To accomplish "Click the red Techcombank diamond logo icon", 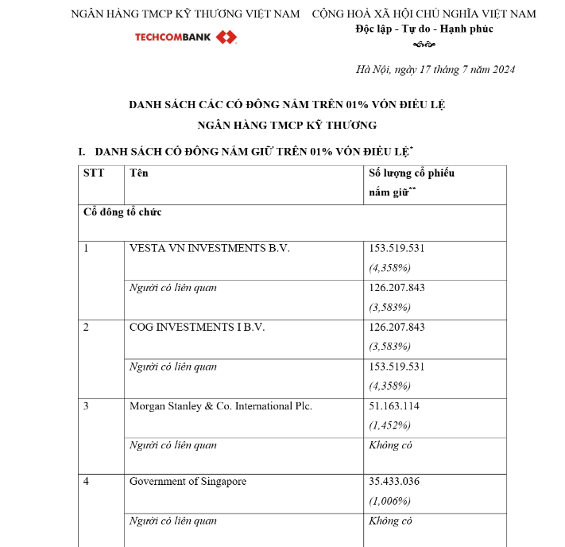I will (x=226, y=37).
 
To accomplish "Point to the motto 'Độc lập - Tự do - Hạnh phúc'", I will (x=424, y=29).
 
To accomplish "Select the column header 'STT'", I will (x=94, y=173).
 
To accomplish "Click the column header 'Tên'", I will (x=138, y=173).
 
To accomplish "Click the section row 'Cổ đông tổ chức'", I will (x=123, y=212).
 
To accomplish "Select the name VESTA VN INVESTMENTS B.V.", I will (x=210, y=248).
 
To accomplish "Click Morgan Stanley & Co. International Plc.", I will (x=221, y=405).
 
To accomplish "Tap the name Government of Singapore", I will (x=188, y=481).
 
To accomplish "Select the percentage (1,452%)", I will (x=390, y=425).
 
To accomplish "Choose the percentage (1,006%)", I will (x=390, y=501).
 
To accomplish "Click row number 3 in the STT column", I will (x=87, y=405).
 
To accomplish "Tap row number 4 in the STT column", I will (x=87, y=481).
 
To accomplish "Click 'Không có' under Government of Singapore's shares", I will (x=391, y=521).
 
